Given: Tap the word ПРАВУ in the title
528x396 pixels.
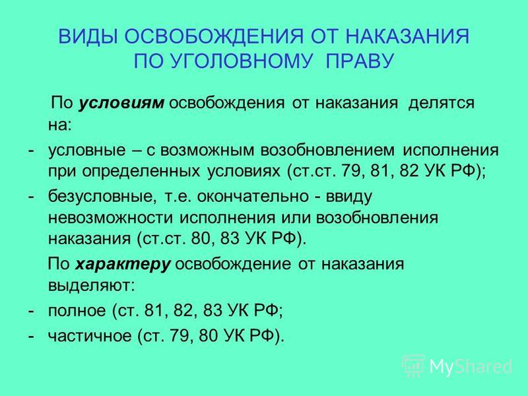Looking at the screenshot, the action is pyautogui.click(x=360, y=61).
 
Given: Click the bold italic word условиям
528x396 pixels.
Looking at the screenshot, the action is pyautogui.click(x=121, y=103).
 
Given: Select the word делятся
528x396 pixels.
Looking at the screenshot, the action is pyautogui.click(x=441, y=103).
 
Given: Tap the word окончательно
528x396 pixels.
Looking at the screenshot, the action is pyautogui.click(x=252, y=196).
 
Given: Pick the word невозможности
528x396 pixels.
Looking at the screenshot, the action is pyautogui.click(x=110, y=217).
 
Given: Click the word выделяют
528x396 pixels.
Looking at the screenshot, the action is pyautogui.click(x=91, y=285).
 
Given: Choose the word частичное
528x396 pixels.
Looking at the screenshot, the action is pyautogui.click(x=90, y=335).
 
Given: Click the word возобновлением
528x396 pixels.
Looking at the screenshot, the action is pyautogui.click(x=327, y=150).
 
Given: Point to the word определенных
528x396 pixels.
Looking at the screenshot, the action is pyautogui.click(x=141, y=172).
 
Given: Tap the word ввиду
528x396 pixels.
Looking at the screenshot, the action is pyautogui.click(x=349, y=197).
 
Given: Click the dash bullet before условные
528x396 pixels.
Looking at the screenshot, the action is pyautogui.click(x=31, y=150).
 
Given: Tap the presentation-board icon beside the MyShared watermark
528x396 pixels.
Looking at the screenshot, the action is pyautogui.click(x=414, y=366).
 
